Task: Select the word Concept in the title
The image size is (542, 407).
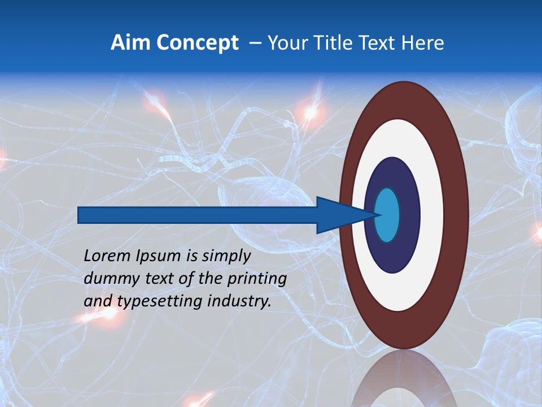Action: tap(198, 43)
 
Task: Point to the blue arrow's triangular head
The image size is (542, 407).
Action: tap(339, 215)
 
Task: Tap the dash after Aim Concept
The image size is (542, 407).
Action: tap(255, 44)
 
